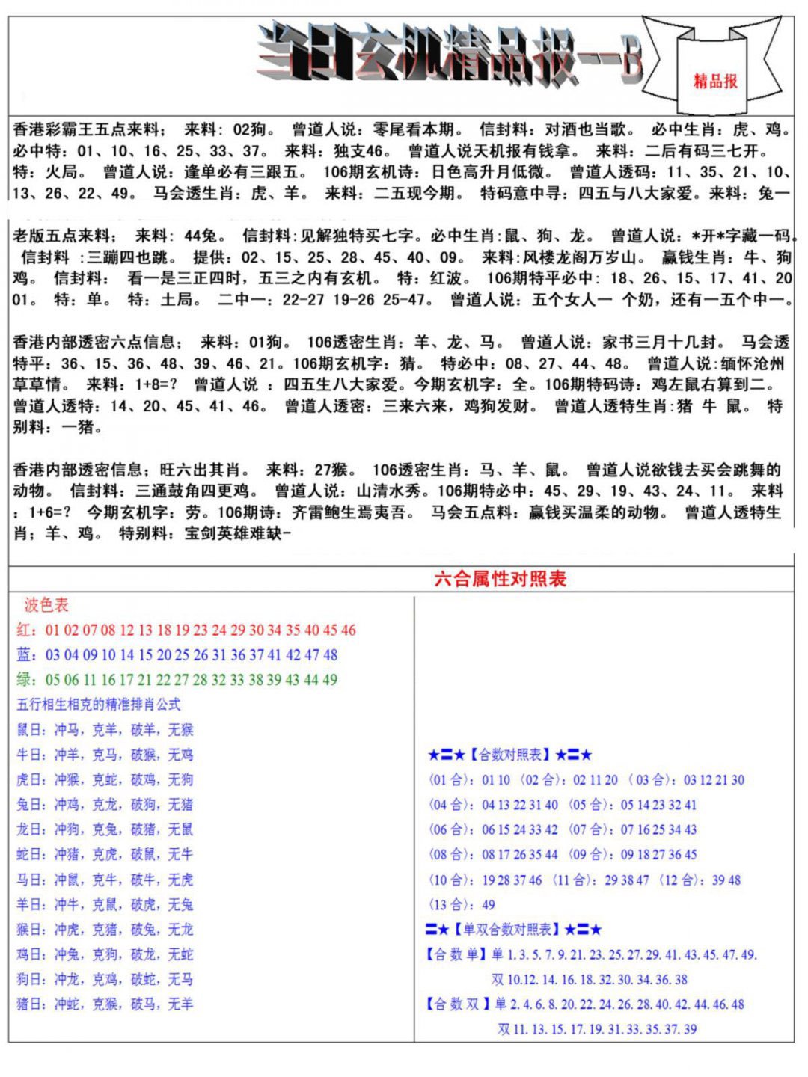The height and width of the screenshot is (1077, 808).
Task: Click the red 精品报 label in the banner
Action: pyautogui.click(x=715, y=81)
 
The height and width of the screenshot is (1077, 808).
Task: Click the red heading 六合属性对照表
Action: pyautogui.click(x=501, y=579)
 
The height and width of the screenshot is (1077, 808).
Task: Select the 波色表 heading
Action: pyautogui.click(x=46, y=605)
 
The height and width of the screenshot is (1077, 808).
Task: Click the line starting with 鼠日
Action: pyautogui.click(x=105, y=730)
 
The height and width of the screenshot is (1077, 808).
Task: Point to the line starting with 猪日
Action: pyautogui.click(x=105, y=1004)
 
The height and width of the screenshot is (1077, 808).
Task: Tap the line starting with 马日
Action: pyautogui.click(x=105, y=880)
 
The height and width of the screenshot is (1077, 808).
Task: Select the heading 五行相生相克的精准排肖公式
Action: pyautogui.click(x=99, y=705)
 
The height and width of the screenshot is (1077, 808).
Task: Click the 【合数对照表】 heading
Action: pyautogui.click(x=510, y=755)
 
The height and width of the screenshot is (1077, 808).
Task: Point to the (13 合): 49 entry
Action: pyautogui.click(x=462, y=905)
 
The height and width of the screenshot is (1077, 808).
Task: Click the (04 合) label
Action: pyautogui.click(x=451, y=805)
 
